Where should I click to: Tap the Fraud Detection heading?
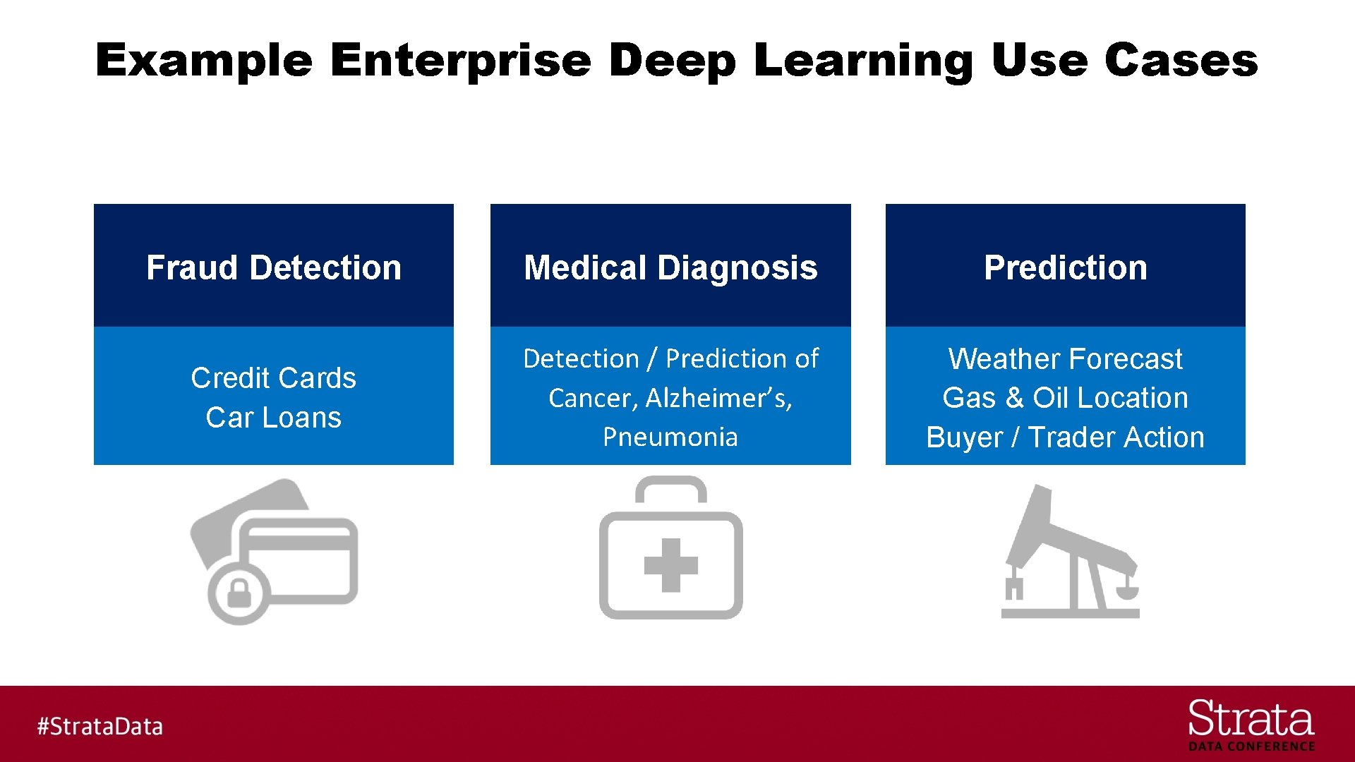click(274, 267)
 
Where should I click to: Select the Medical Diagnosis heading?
click(670, 267)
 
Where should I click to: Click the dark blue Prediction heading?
click(1066, 267)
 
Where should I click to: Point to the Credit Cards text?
click(274, 378)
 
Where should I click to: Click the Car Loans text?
click(274, 418)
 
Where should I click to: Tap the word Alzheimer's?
click(718, 398)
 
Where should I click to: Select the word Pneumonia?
click(670, 437)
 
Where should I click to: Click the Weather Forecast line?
click(1066, 358)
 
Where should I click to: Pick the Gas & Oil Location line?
click(1066, 398)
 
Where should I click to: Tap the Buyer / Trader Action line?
click(1066, 437)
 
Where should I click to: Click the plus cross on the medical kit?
click(670, 565)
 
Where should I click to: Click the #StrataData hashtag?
click(100, 726)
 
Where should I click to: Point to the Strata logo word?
click(1251, 719)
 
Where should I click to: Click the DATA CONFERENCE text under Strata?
click(1251, 746)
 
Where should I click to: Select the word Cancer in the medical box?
click(593, 398)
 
